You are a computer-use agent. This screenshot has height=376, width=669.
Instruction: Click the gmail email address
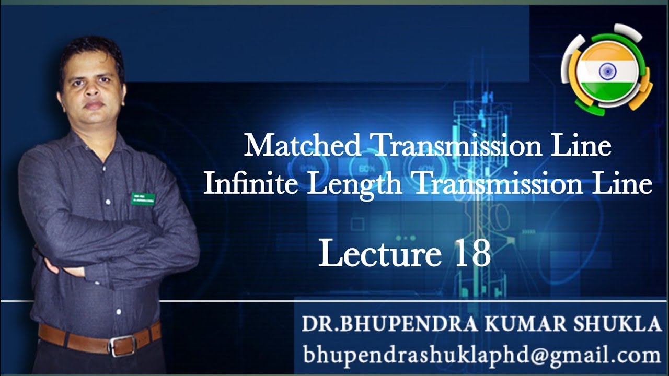tap(481, 355)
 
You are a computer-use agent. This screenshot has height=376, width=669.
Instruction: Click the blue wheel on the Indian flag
tap(608, 71)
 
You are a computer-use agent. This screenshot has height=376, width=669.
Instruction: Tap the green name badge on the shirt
tap(143, 198)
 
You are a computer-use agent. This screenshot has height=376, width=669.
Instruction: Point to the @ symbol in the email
tap(545, 356)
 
